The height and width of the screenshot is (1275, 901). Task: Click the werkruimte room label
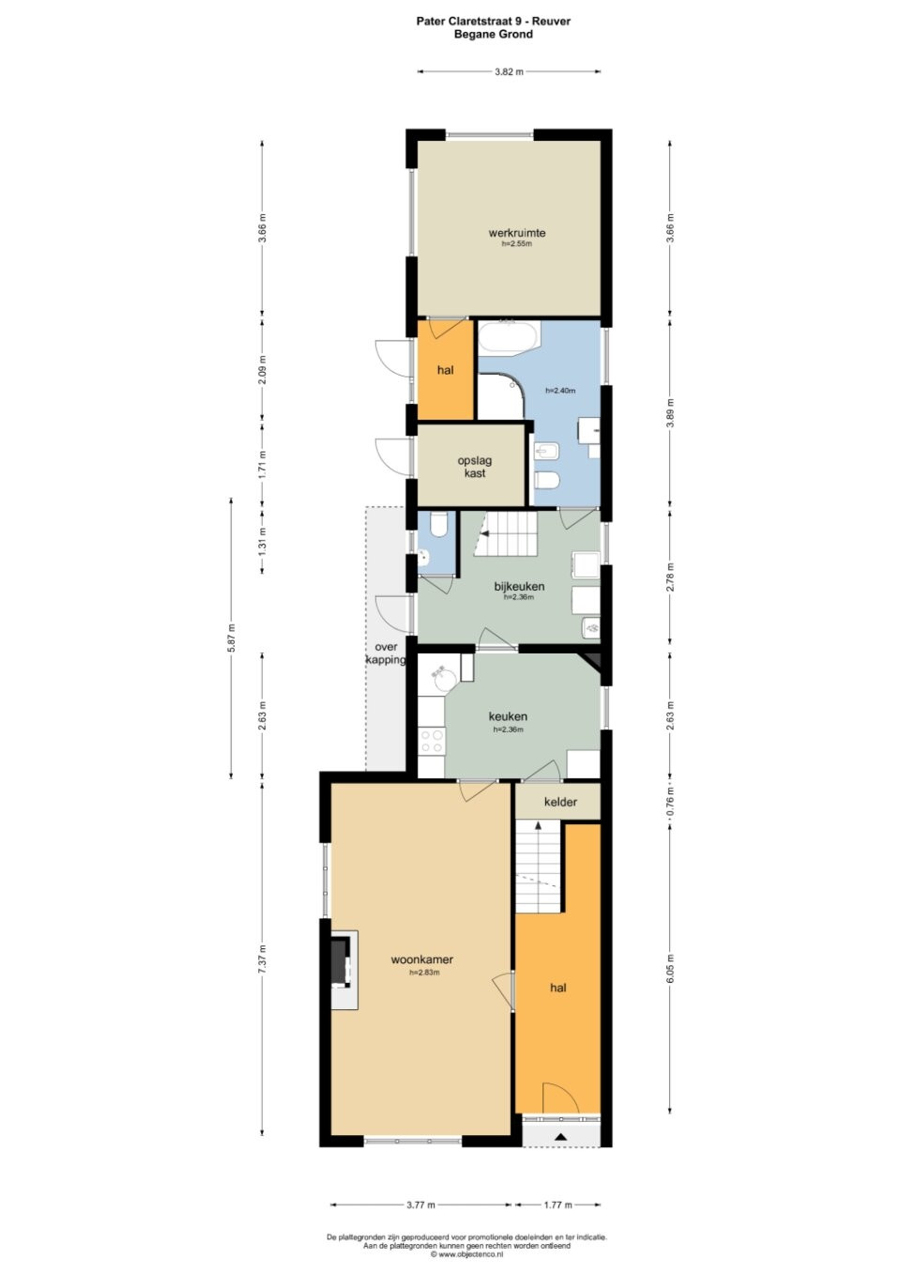(516, 232)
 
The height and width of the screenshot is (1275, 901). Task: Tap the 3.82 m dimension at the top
(509, 71)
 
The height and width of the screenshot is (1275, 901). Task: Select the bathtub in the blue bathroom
(508, 337)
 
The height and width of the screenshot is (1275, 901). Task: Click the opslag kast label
(474, 467)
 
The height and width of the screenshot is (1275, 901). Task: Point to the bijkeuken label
(519, 586)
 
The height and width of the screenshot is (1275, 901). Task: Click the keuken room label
(508, 716)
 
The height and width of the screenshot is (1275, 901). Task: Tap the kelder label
(560, 802)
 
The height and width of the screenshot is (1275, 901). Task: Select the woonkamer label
(422, 960)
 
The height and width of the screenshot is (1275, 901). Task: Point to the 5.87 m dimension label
(231, 637)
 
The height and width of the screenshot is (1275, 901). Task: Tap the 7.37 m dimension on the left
(262, 960)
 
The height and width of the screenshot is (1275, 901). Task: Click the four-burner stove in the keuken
(431, 741)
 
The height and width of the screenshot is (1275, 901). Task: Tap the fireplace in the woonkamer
(342, 960)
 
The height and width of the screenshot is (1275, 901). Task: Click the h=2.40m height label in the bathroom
(560, 391)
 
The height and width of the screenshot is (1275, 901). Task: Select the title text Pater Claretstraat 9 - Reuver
(493, 22)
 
